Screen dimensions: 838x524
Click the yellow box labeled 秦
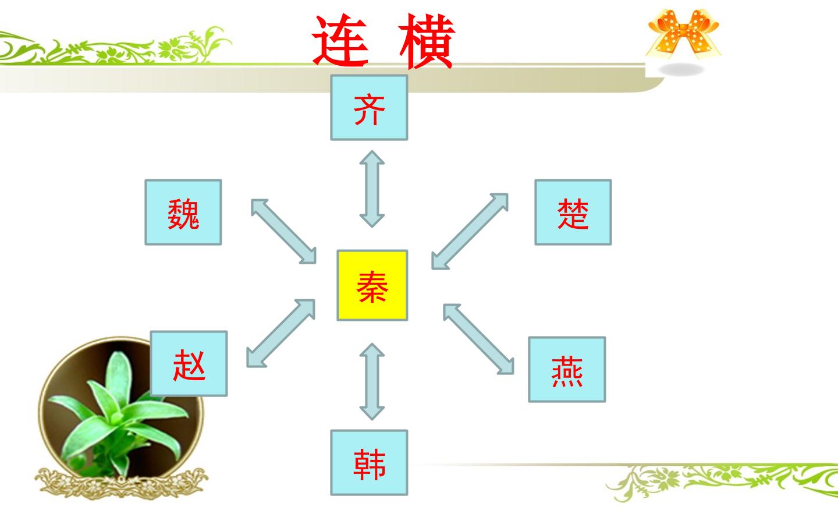point(372,285)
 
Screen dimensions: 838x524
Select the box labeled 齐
point(369,108)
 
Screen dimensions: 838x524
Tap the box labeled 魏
point(183,212)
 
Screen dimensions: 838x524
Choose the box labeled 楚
point(573,212)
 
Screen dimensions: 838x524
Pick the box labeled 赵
point(189,363)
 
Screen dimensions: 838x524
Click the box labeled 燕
point(567,369)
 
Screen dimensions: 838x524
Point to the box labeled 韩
point(369,463)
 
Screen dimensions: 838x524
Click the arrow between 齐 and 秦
point(372,189)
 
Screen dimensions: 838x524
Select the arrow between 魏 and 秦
point(283,231)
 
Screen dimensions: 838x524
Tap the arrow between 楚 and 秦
point(470,231)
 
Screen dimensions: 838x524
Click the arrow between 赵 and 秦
point(280,333)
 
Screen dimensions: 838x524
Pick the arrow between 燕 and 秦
point(478,339)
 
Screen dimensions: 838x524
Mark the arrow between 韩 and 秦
point(372,382)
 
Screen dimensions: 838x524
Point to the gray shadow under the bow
point(681,70)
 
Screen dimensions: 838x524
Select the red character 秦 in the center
point(372,286)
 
